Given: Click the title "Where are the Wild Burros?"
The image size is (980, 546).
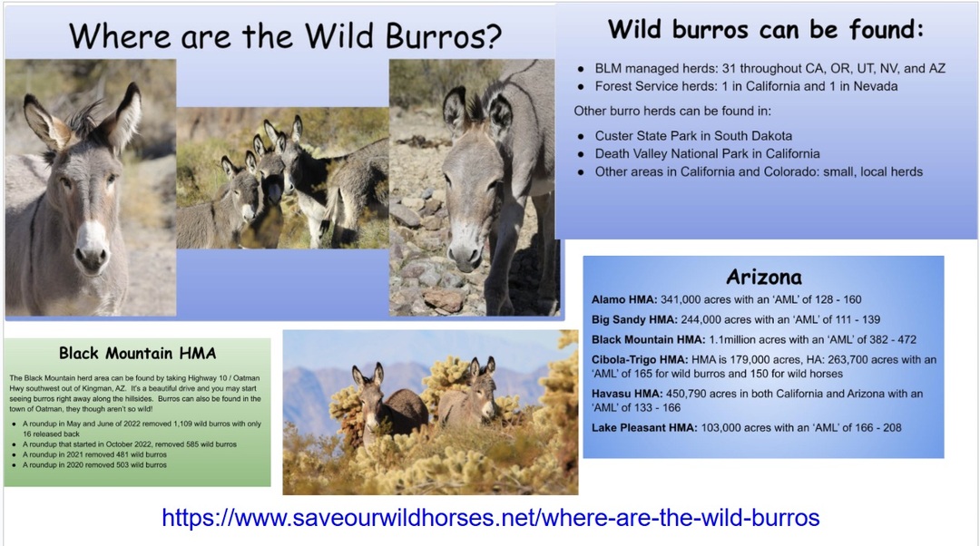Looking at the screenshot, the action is click(x=285, y=36).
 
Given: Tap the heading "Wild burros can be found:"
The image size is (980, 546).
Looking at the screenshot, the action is click(x=766, y=29).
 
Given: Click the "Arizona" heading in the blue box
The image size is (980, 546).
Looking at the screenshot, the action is click(x=764, y=277).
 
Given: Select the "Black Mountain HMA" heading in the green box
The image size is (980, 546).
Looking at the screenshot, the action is click(x=138, y=354).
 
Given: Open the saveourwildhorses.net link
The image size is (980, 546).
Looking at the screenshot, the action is click(x=491, y=517).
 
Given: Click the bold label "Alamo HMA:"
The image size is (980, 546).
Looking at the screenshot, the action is click(x=624, y=299).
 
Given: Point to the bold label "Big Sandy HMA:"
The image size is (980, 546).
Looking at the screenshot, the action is click(x=634, y=320).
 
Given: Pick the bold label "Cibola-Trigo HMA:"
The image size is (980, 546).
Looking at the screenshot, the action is click(x=640, y=360).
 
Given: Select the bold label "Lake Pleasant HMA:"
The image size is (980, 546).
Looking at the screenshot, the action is click(x=644, y=428).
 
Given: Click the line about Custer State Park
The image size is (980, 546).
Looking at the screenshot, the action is click(x=693, y=135).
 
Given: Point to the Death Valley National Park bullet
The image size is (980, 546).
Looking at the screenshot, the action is click(x=707, y=153).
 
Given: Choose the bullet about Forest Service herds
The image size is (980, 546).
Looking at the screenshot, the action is click(x=746, y=86).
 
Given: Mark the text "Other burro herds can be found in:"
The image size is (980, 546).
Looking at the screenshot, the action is click(x=672, y=112).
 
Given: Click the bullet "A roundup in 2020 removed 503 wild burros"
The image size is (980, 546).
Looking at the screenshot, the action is click(x=94, y=464).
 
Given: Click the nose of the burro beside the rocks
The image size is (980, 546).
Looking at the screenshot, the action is click(x=465, y=254).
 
